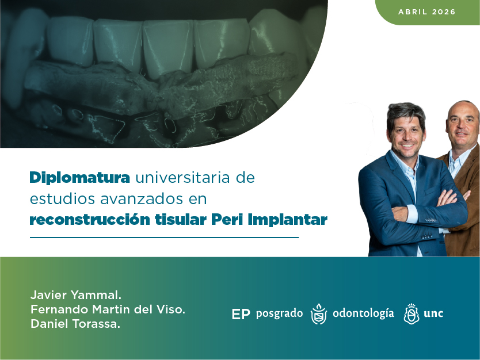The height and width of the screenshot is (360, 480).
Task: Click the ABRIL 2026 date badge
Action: pyautogui.click(x=426, y=12)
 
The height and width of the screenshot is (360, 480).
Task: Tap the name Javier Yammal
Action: pyautogui.click(x=75, y=296)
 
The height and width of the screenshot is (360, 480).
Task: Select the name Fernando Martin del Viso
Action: pyautogui.click(x=108, y=310)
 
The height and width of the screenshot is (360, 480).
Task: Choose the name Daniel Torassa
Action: pyautogui.click(x=75, y=324)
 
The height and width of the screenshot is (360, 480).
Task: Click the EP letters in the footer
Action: pyautogui.click(x=241, y=314)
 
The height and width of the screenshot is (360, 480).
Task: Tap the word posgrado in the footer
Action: pyautogui.click(x=279, y=314)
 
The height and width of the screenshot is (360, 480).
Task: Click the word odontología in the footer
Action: pyautogui.click(x=363, y=313)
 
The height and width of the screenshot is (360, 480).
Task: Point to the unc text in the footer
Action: pyautogui.click(x=433, y=313)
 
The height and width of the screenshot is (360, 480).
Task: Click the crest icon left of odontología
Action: pyautogui.click(x=318, y=314)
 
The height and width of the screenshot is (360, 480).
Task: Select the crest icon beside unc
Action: pyautogui.click(x=411, y=314)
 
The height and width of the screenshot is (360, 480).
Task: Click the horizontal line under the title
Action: pyautogui.click(x=164, y=237)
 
